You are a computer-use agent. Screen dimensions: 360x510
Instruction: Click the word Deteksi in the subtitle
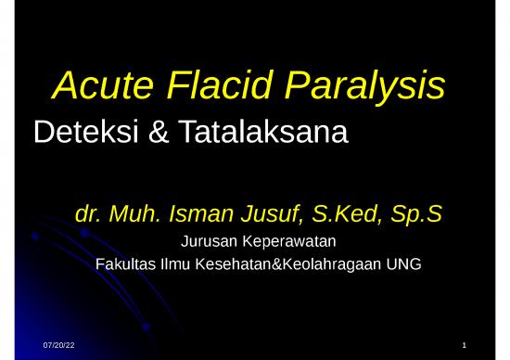click(83, 135)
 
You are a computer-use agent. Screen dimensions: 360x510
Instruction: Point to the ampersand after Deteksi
click(154, 135)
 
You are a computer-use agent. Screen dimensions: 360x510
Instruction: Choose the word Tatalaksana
click(261, 135)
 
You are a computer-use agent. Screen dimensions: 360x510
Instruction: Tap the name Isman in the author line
click(199, 215)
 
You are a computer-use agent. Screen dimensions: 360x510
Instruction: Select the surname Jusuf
click(268, 215)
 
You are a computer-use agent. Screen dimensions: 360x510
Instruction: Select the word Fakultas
click(125, 264)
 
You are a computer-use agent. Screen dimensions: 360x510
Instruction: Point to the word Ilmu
click(173, 264)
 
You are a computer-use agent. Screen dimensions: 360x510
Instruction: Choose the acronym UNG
click(405, 264)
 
